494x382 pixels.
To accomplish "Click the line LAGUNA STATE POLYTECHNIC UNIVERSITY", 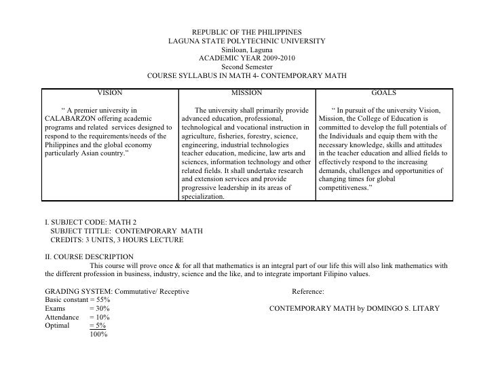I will tap(247, 41).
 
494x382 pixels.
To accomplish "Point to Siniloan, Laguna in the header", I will tap(247, 50).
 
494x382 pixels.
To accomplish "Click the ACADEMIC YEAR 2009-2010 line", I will tap(247, 58).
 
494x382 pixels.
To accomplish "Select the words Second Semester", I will tap(247, 67).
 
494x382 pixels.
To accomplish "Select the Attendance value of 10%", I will tap(99, 318).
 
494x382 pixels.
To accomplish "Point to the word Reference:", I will tap(307, 292).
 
